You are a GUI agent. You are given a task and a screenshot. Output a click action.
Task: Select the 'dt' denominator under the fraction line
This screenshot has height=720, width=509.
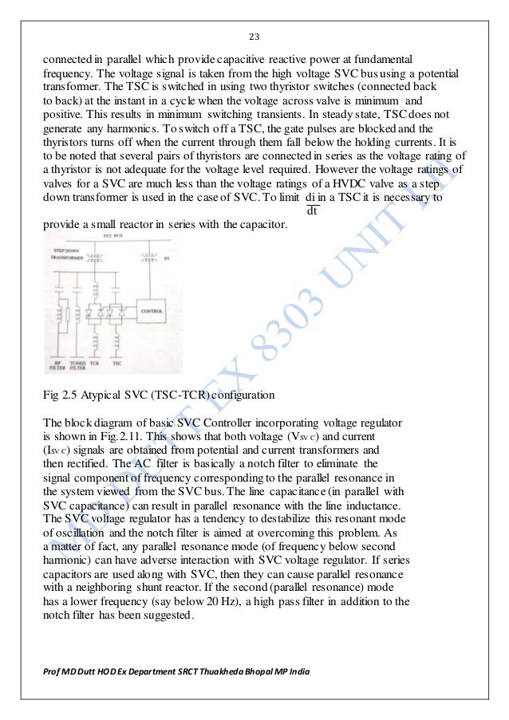click(314, 212)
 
